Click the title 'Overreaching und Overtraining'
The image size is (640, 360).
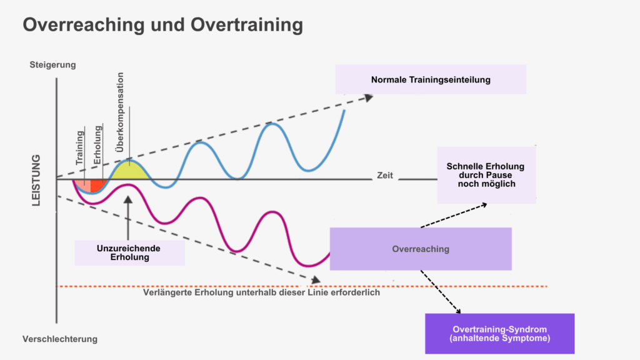[162, 26]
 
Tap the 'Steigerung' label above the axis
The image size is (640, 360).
[52, 64]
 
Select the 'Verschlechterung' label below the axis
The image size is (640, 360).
[60, 339]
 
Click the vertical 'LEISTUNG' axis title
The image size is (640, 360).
[36, 181]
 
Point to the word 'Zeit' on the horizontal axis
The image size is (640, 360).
[385, 176]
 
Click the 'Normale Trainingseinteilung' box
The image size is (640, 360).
[431, 79]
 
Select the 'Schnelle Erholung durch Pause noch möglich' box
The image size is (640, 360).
[486, 175]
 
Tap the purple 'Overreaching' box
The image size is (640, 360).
[421, 249]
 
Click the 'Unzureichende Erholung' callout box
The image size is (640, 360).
[129, 252]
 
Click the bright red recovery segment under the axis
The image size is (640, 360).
[97, 185]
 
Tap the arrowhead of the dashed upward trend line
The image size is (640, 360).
[368, 97]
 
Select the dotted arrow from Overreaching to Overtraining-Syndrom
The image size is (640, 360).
[441, 292]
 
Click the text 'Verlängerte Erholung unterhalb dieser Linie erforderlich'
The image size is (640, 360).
[261, 292]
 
